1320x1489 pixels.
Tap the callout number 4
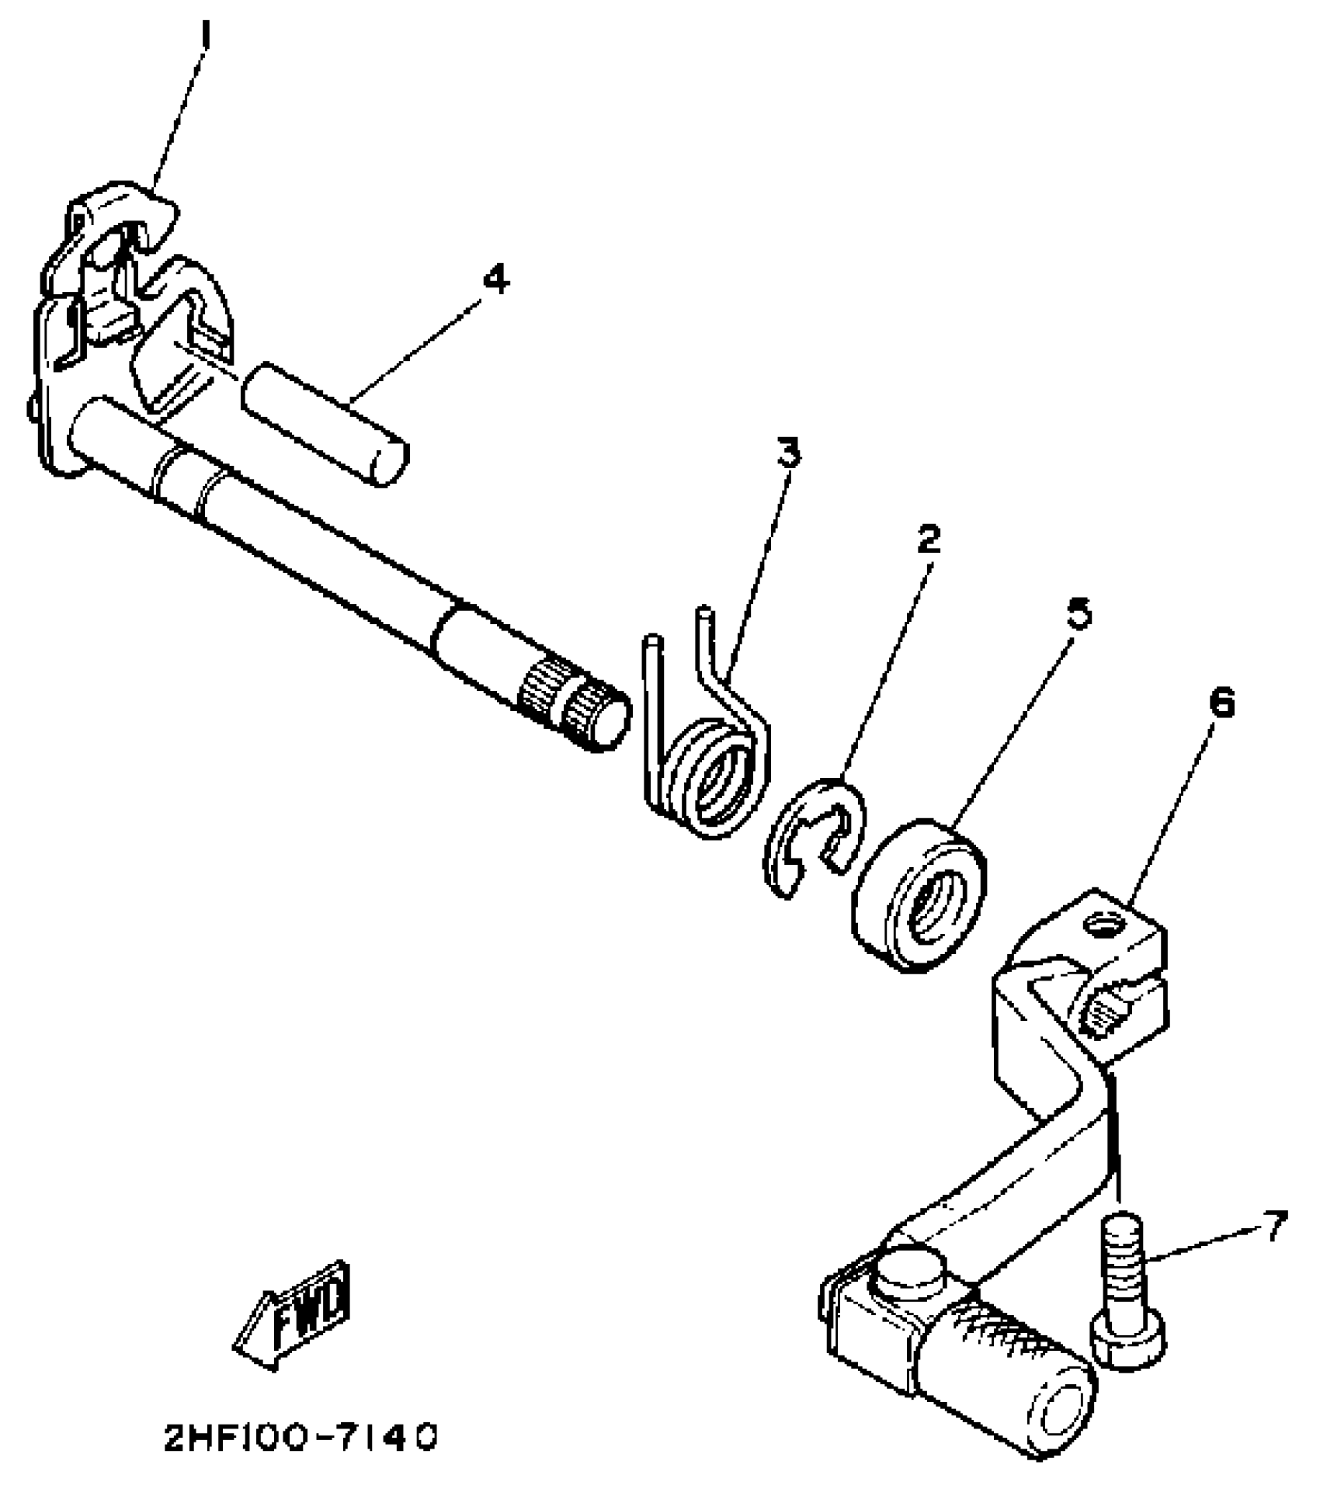click(x=496, y=279)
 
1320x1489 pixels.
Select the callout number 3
click(x=789, y=453)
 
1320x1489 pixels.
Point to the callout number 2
click(x=927, y=538)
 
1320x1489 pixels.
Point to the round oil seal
click(x=920, y=893)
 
